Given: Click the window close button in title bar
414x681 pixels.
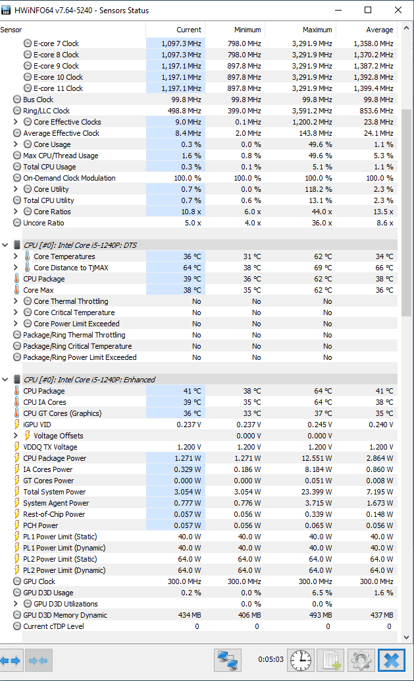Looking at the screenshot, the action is click(398, 10).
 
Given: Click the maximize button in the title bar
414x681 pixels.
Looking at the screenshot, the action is click(368, 10).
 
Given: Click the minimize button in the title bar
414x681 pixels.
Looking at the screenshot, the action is click(338, 10).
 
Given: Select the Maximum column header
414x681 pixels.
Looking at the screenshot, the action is click(317, 30).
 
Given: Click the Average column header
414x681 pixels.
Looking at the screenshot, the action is click(379, 30).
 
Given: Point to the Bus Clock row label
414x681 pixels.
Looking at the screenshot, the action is click(38, 100).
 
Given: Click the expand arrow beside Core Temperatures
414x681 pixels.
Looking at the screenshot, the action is click(16, 256).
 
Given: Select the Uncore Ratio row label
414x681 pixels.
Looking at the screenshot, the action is click(43, 223).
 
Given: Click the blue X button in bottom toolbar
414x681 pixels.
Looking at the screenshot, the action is click(392, 660).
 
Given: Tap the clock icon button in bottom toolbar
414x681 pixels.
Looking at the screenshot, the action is click(300, 660).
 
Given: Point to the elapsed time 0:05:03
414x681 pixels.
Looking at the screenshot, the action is click(271, 659).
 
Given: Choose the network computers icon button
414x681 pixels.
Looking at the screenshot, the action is click(228, 660).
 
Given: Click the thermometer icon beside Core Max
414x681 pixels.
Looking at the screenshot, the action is click(17, 289).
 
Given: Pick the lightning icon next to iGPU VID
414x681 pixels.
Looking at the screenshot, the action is click(17, 425).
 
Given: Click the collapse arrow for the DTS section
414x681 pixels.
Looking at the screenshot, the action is click(5, 245).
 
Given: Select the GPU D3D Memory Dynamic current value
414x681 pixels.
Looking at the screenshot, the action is click(190, 615).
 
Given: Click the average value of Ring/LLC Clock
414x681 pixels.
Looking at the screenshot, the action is click(376, 111).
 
